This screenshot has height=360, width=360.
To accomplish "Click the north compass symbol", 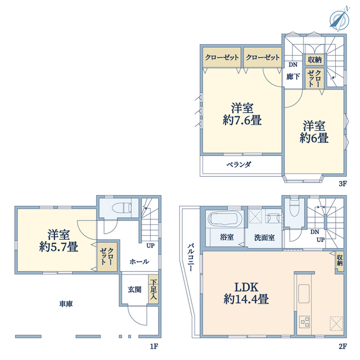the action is tap(340, 20).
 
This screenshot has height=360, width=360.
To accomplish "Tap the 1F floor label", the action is tap(154, 346).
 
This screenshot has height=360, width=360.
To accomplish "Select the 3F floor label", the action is tap(343, 184).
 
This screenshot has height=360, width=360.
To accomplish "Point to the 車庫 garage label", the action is tap(66, 304).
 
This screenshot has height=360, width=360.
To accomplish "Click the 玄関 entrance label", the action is tap(134, 290).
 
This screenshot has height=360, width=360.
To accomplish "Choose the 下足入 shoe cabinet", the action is tap(154, 289).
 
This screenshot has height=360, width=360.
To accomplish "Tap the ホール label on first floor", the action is tap(139, 262).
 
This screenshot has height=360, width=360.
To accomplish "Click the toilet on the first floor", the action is tap(121, 208).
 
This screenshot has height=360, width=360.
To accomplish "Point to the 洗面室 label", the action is tap(264, 237).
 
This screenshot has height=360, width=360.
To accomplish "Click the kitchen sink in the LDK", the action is tap(304, 294).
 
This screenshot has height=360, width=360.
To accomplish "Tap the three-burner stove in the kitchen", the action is tap(304, 322).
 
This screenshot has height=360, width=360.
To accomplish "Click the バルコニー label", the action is tap(191, 258).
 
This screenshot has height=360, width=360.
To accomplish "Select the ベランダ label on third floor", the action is tap(239, 164).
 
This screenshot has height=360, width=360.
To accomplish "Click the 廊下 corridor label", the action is tap(293, 76).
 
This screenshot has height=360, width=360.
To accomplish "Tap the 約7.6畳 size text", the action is tap(242, 120).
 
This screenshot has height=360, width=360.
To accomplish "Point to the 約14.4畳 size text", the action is tap(246, 299).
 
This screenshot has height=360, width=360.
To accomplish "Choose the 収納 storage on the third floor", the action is tap(314, 60).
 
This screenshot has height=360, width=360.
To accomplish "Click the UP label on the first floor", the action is tap(150, 246).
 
